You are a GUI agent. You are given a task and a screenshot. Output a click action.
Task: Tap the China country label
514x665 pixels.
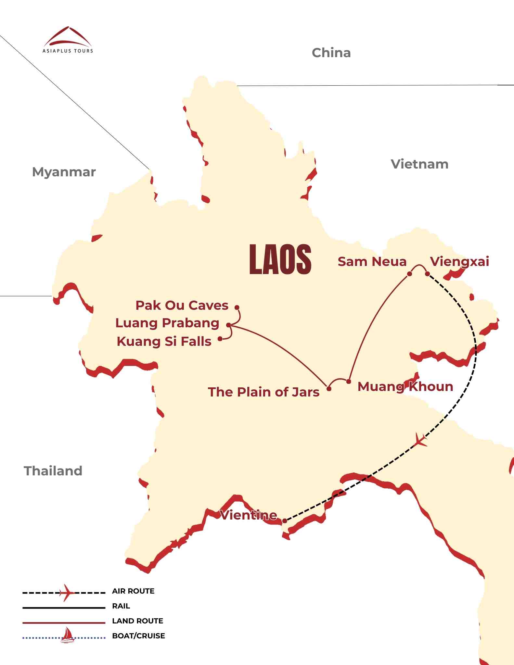click(331, 53)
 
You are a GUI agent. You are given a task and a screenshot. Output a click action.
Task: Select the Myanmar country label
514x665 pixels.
click(64, 172)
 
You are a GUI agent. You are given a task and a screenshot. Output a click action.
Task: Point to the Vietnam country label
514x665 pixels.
click(419, 164)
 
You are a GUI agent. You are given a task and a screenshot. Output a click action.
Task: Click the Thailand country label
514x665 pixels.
click(53, 471)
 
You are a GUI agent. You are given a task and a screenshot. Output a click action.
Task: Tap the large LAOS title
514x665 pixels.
click(280, 259)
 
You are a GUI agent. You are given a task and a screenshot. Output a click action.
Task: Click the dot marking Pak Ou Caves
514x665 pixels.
click(237, 307)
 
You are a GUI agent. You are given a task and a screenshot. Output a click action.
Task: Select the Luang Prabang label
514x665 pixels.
click(167, 323)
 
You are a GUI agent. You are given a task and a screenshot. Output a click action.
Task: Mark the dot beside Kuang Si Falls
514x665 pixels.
click(220, 339)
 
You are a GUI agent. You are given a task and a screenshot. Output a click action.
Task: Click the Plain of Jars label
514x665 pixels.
click(263, 392)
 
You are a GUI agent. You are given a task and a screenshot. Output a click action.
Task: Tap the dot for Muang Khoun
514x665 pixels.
click(349, 382)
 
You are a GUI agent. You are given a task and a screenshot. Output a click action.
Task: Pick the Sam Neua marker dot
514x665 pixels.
click(409, 274)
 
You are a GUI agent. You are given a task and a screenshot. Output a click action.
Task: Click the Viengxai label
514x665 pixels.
click(459, 262)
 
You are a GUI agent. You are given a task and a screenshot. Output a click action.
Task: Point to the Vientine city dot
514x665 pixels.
click(285, 521)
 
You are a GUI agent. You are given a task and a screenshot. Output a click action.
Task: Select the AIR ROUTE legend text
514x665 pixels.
click(133, 591)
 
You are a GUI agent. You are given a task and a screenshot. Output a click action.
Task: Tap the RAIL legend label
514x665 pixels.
click(121, 606)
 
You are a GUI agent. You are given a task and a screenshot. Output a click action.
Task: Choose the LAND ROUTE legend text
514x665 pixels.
click(137, 621)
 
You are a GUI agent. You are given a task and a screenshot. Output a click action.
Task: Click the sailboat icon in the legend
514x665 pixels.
click(67, 635)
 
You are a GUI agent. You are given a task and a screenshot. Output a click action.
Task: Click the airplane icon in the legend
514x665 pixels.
click(67, 593)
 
